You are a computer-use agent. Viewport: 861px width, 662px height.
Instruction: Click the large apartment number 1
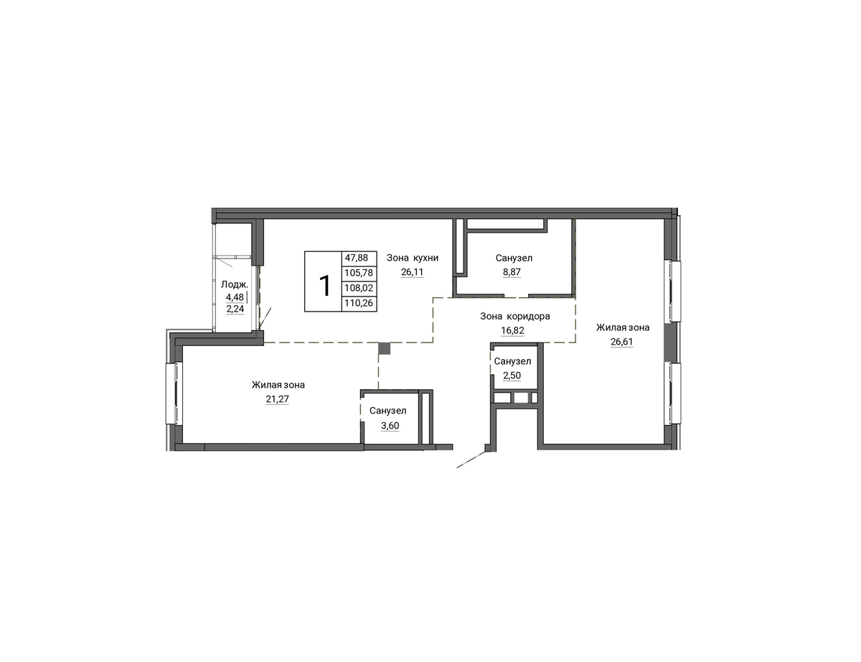click(324, 286)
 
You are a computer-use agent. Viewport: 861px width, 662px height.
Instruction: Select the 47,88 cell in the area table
click(356, 258)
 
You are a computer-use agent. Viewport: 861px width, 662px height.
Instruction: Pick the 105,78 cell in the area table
click(359, 273)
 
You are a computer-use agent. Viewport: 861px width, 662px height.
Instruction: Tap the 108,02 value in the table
click(359, 288)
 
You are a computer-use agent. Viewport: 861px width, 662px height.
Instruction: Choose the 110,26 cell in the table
click(359, 304)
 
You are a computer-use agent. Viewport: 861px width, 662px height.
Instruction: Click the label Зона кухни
click(413, 258)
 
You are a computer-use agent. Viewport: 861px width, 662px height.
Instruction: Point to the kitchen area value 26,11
click(412, 272)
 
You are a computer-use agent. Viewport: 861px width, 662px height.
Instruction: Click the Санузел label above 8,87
click(514, 258)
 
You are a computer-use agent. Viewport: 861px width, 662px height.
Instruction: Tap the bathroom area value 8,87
click(512, 272)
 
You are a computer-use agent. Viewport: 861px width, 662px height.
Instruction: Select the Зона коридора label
click(515, 317)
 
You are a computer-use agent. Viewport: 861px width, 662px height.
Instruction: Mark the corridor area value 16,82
click(512, 330)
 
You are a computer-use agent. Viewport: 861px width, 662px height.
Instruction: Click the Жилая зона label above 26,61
click(623, 328)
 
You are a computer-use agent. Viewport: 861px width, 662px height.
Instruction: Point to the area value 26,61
click(621, 342)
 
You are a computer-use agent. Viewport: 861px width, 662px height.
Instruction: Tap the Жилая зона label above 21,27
click(278, 385)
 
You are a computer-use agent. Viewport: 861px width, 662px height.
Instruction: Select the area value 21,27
click(278, 399)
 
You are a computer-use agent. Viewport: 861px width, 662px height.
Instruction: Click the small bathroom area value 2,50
click(512, 376)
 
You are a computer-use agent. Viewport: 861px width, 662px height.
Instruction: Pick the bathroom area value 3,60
click(390, 426)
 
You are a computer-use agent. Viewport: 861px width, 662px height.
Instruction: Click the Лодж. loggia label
click(235, 284)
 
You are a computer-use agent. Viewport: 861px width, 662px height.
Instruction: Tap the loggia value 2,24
click(235, 309)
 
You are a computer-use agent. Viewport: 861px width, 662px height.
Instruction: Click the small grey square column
click(385, 348)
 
